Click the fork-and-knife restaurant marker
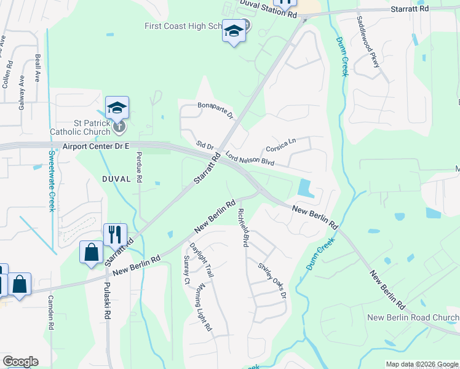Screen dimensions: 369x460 point(115,234)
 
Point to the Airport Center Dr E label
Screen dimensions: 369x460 point(96,147)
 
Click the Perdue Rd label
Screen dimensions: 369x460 point(140,167)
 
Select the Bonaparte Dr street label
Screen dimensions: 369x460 point(216,111)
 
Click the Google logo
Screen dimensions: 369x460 point(20,362)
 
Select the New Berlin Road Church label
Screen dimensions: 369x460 point(413,317)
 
